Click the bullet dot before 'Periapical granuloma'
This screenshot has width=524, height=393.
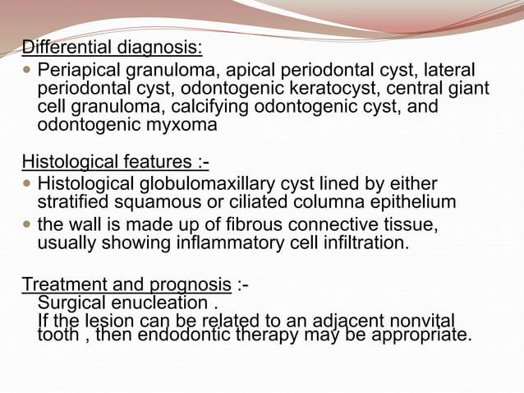[29, 70]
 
